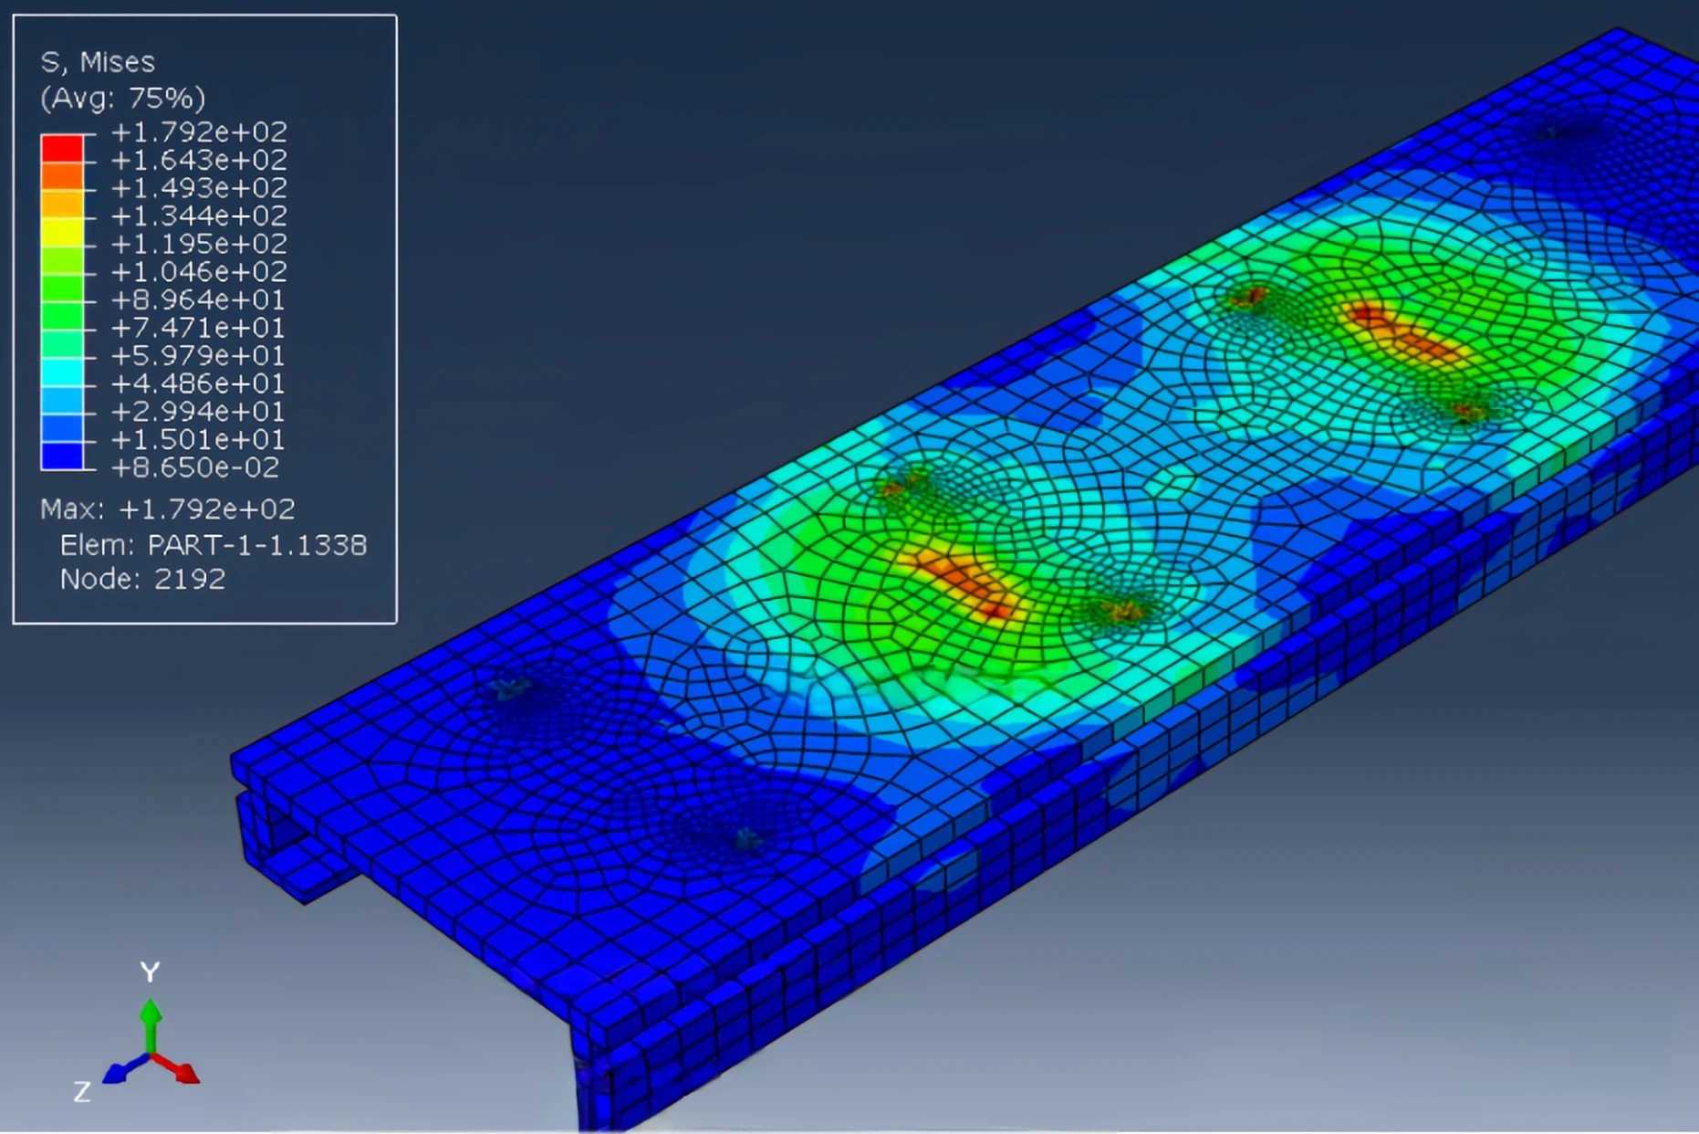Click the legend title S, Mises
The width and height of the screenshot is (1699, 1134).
pos(98,62)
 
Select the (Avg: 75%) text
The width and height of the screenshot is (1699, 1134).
pos(122,98)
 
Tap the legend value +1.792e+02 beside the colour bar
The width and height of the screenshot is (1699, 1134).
pos(199,131)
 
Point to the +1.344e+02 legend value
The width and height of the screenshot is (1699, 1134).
pos(199,215)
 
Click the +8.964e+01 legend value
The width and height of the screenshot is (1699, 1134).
pos(197,299)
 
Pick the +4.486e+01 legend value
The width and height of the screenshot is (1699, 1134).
pos(197,383)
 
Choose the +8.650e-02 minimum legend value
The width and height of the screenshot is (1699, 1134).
pos(195,467)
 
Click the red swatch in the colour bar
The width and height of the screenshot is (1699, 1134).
pos(62,148)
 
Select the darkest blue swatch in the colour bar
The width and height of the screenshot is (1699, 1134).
pos(62,456)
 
